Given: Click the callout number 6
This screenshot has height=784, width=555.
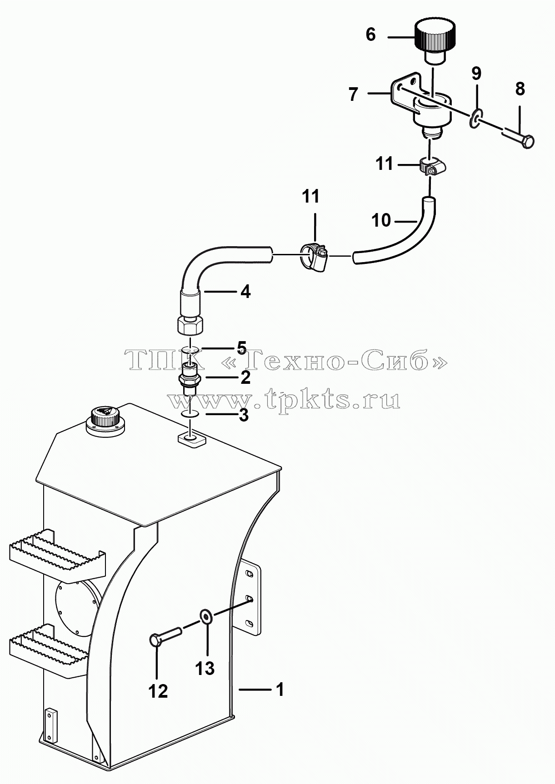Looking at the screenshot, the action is point(370,35).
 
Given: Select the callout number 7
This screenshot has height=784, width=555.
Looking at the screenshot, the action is point(354,94).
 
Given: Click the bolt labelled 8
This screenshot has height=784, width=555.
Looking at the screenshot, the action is point(519,138).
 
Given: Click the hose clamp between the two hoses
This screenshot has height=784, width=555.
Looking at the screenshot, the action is point(314,257).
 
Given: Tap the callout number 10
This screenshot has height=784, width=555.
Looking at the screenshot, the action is point(381,220).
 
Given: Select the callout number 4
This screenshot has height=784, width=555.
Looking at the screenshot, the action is point(245,292).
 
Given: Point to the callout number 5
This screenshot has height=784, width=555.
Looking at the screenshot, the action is point(241,348).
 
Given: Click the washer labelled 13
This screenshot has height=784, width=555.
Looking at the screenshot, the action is point(205,616).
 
